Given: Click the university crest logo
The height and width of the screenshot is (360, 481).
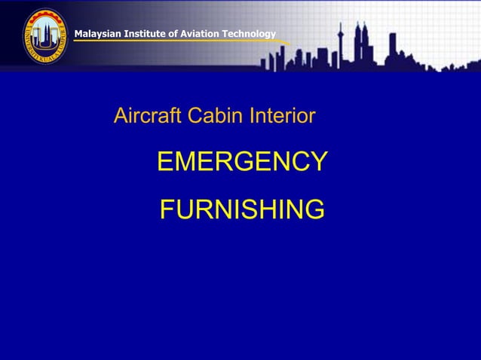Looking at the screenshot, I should tap(44, 36).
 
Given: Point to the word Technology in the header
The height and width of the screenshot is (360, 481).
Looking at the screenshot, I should tap(249, 33).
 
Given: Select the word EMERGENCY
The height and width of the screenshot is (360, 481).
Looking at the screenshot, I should tap(242, 161).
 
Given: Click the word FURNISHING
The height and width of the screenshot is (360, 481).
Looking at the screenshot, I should tap(242, 209).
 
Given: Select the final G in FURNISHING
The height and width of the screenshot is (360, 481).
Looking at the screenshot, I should tap(314, 209).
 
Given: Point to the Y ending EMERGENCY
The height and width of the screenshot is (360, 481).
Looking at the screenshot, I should tap(319, 161).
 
